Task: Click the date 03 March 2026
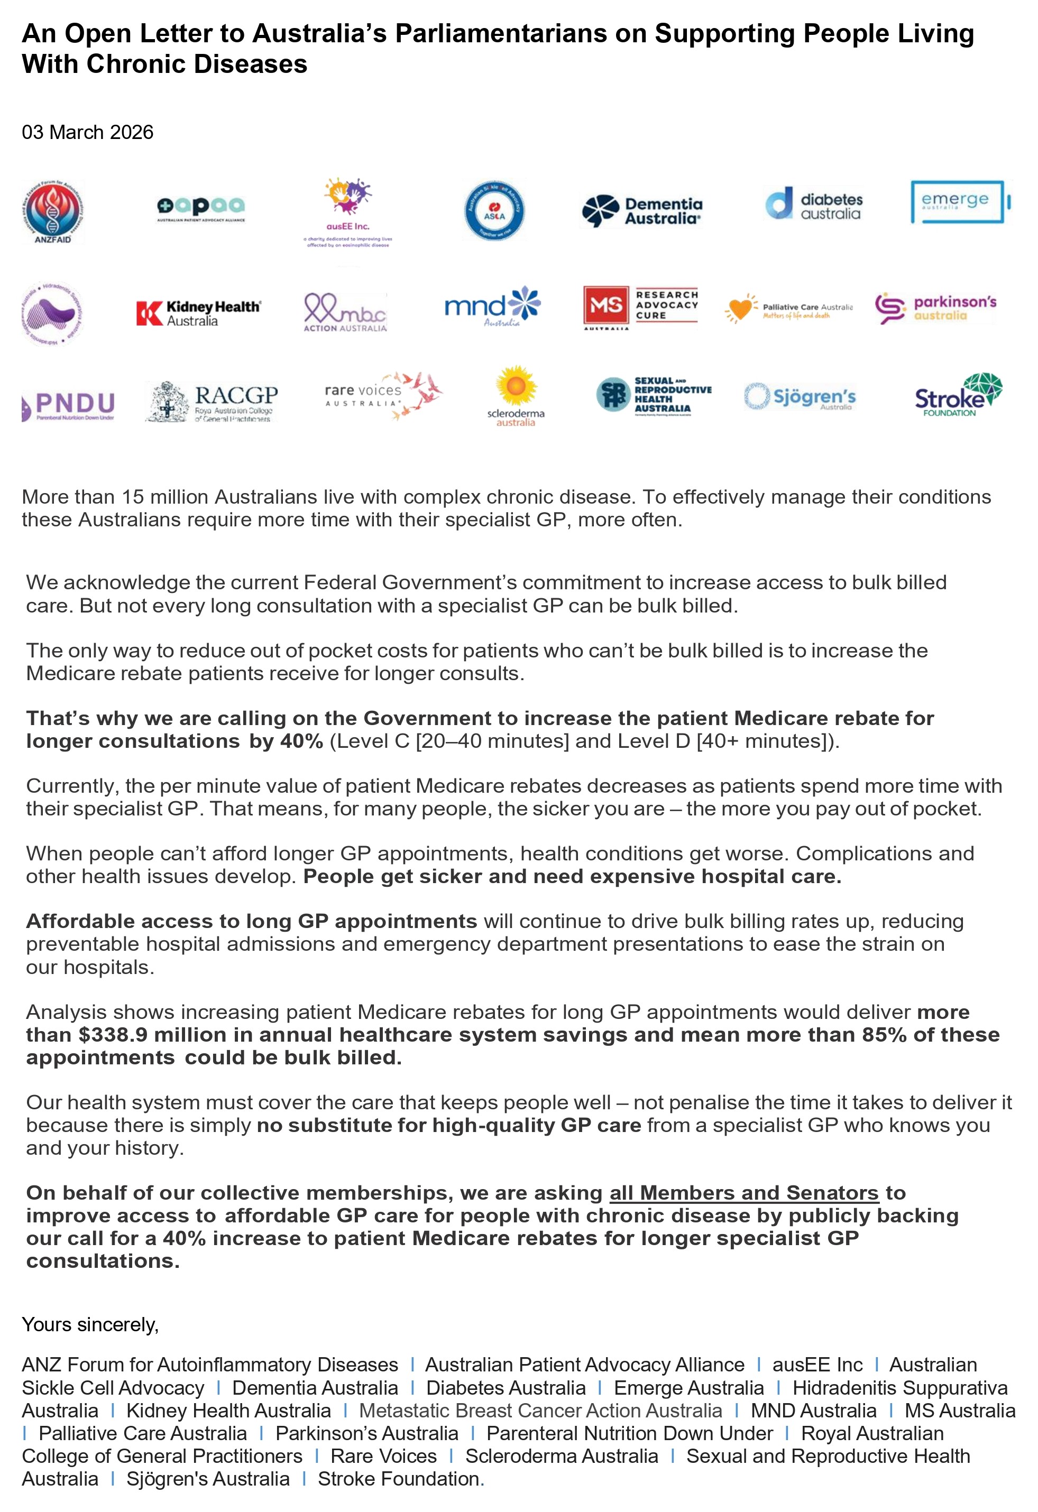[88, 132]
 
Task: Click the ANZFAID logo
[53, 211]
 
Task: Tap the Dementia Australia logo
[641, 211]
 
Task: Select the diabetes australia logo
[813, 206]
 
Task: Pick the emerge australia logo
[960, 202]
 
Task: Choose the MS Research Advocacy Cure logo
[640, 307]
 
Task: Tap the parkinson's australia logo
[935, 309]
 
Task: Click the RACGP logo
[212, 402]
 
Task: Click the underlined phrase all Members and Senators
[744, 1193]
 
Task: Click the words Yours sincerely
[90, 1324]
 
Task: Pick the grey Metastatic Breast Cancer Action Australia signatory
[540, 1411]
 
